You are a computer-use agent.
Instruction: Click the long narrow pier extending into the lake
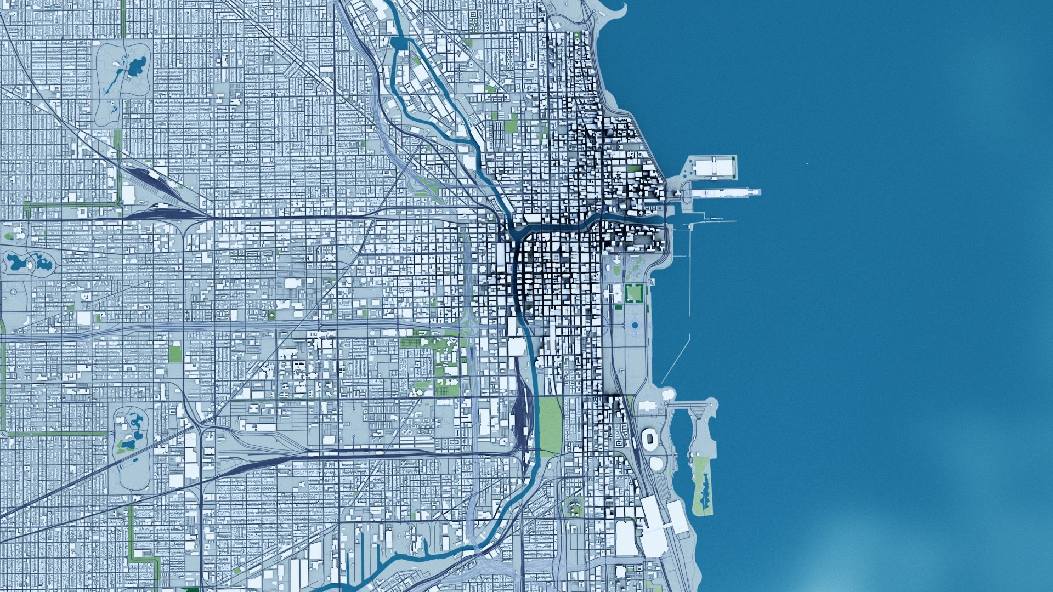(x=724, y=192)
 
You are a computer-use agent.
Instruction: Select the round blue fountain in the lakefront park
(x=635, y=325)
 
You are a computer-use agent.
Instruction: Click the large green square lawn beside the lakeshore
(x=634, y=293)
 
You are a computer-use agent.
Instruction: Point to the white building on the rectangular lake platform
(x=713, y=167)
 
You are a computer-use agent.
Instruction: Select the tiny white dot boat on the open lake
(x=808, y=163)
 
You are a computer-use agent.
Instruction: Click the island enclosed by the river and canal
(x=433, y=99)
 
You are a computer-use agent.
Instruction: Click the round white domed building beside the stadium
(x=656, y=463)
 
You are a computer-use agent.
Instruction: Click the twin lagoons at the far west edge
(x=27, y=263)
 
